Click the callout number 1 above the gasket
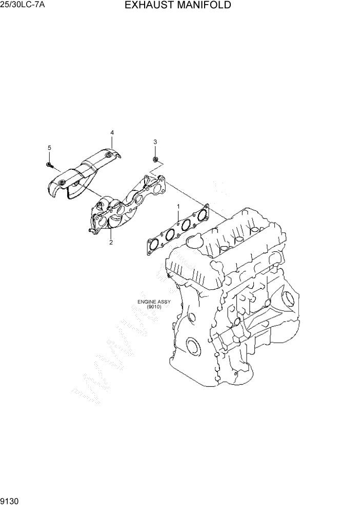[178, 206]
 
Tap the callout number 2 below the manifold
[110, 242]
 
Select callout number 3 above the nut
[155, 142]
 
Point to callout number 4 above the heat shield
[112, 133]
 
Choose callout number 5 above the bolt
[50, 148]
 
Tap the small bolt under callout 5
[50, 165]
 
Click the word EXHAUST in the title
[149, 6]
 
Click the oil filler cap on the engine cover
[195, 240]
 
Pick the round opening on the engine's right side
[288, 299]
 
